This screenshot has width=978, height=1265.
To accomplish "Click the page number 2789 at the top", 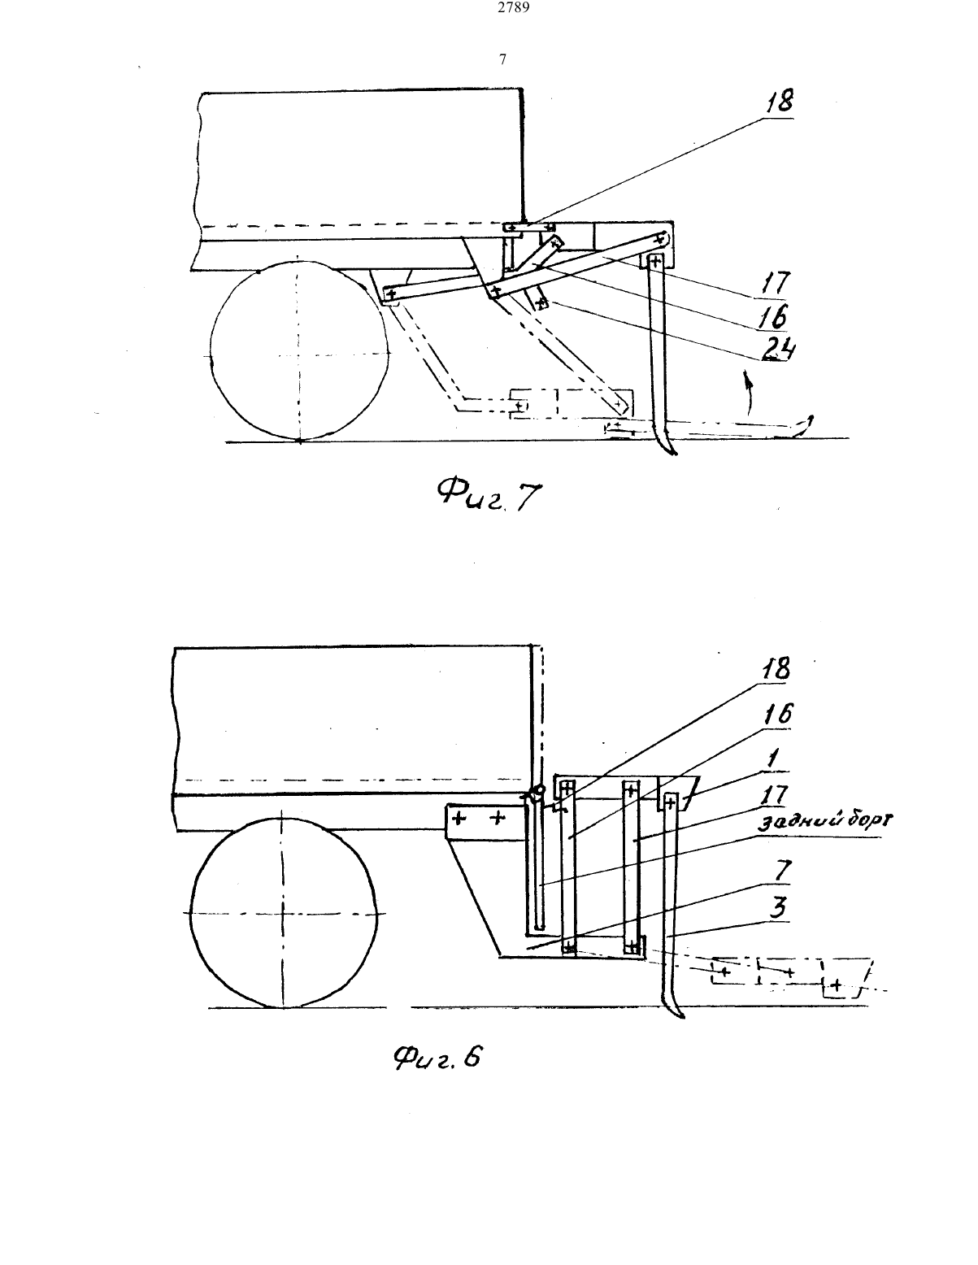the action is pos(514,8).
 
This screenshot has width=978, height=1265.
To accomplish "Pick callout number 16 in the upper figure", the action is pos(773,316).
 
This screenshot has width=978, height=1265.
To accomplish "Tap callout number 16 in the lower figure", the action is pos(778,715).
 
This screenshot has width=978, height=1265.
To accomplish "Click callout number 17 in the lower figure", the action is pos(774,795).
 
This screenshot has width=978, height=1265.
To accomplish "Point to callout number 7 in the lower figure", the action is pos(782,871).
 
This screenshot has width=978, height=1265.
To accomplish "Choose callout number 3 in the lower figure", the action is pos(778,907).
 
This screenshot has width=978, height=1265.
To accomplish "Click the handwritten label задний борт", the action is pos(826,821).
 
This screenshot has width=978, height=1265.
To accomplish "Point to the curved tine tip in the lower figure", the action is pos(682,1017).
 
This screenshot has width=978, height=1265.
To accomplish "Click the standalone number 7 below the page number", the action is pos(503,59).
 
